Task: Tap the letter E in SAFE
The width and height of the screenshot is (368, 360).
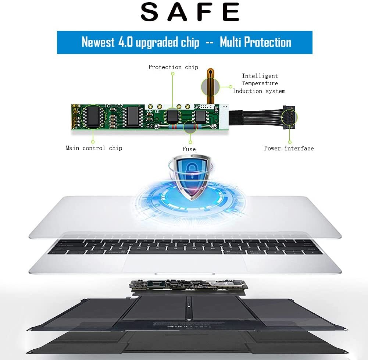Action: pyautogui.click(x=231, y=12)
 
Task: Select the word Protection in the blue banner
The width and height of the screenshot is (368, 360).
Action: pyautogui.click(x=268, y=42)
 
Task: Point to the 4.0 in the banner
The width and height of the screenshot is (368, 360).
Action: pyautogui.click(x=125, y=42)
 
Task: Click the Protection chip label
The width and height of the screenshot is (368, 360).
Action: pyautogui.click(x=173, y=67)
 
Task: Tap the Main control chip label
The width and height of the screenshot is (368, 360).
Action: pyautogui.click(x=94, y=148)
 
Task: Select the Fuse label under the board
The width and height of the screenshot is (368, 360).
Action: pyautogui.click(x=189, y=149)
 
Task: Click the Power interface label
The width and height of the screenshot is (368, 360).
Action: pyautogui.click(x=289, y=148)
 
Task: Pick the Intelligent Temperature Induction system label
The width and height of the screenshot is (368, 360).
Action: pyautogui.click(x=260, y=83)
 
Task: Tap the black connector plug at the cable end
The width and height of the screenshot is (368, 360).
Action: pyautogui.click(x=289, y=117)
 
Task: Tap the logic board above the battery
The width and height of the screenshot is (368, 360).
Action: pyautogui.click(x=188, y=285)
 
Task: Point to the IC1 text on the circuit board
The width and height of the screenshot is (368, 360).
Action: pyautogui.click(x=108, y=106)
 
